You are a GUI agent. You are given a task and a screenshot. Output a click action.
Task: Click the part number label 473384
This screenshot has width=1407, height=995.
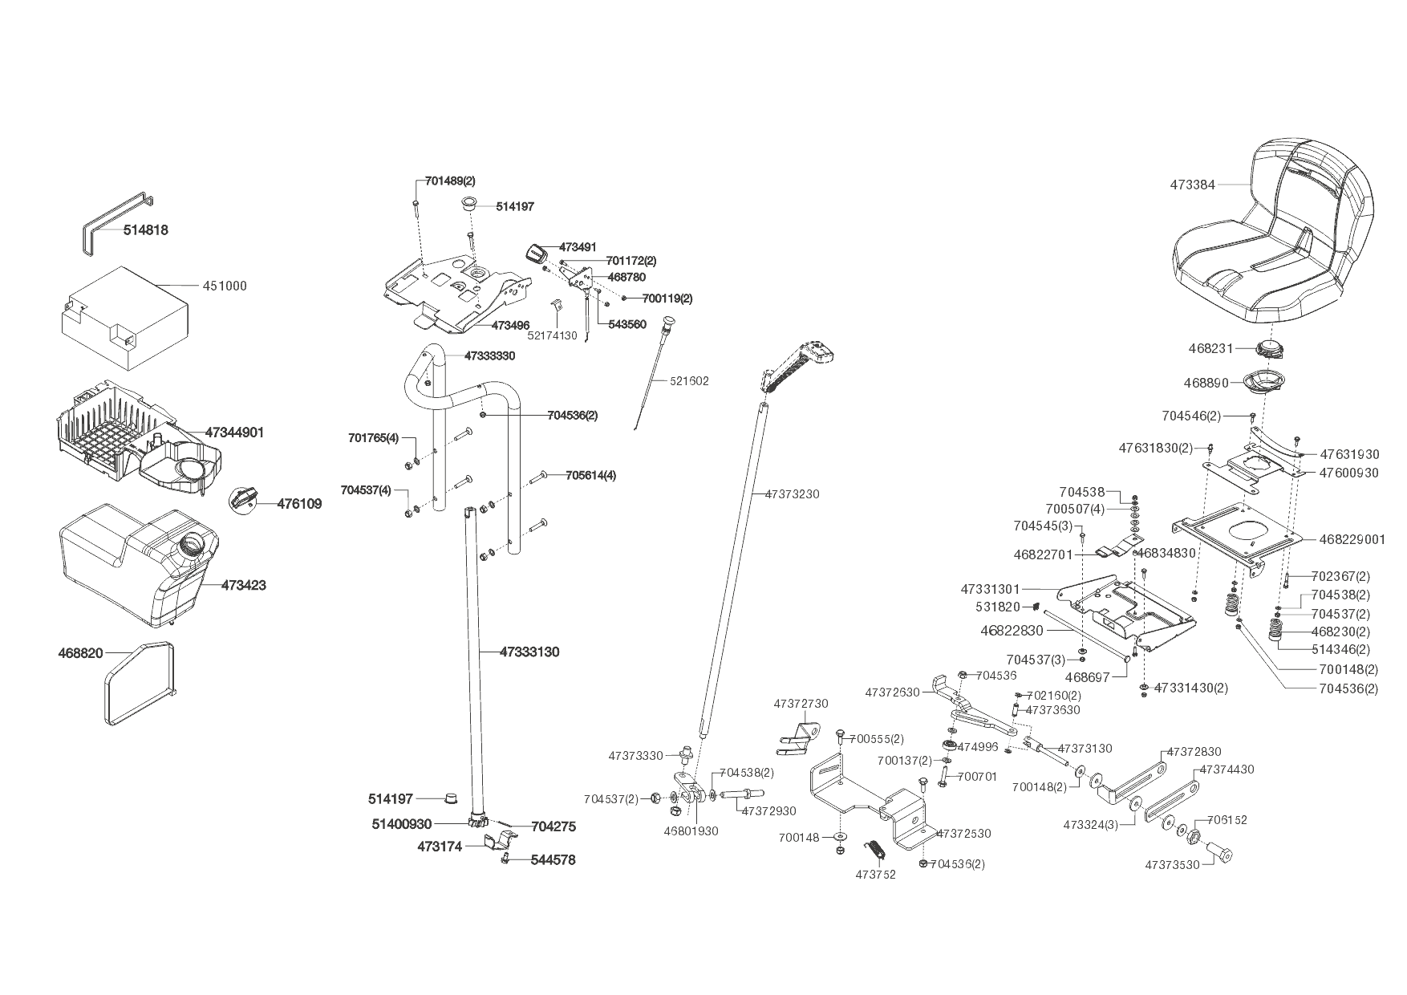click(1192, 185)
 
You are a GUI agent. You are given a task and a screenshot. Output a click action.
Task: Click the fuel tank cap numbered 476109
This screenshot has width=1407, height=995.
click(243, 498)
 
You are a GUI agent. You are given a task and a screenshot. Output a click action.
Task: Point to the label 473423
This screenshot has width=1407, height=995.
click(243, 585)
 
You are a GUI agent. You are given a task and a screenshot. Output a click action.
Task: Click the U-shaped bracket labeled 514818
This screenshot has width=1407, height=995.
click(116, 220)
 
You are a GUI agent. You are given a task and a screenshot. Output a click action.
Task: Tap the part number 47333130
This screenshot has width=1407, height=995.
click(529, 652)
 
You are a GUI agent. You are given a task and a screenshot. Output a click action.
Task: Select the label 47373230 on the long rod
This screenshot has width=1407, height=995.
click(792, 494)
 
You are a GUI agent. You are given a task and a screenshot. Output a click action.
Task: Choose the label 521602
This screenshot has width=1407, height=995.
click(689, 381)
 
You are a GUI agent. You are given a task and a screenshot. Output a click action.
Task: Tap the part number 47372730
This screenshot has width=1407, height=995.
click(801, 704)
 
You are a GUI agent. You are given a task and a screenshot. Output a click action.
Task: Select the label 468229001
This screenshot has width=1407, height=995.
click(1352, 539)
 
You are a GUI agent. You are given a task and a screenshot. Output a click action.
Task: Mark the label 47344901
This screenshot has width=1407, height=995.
click(234, 433)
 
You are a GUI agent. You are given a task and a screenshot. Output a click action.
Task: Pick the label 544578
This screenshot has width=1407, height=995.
click(553, 859)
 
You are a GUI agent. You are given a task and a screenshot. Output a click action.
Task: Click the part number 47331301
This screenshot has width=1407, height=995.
click(991, 590)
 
